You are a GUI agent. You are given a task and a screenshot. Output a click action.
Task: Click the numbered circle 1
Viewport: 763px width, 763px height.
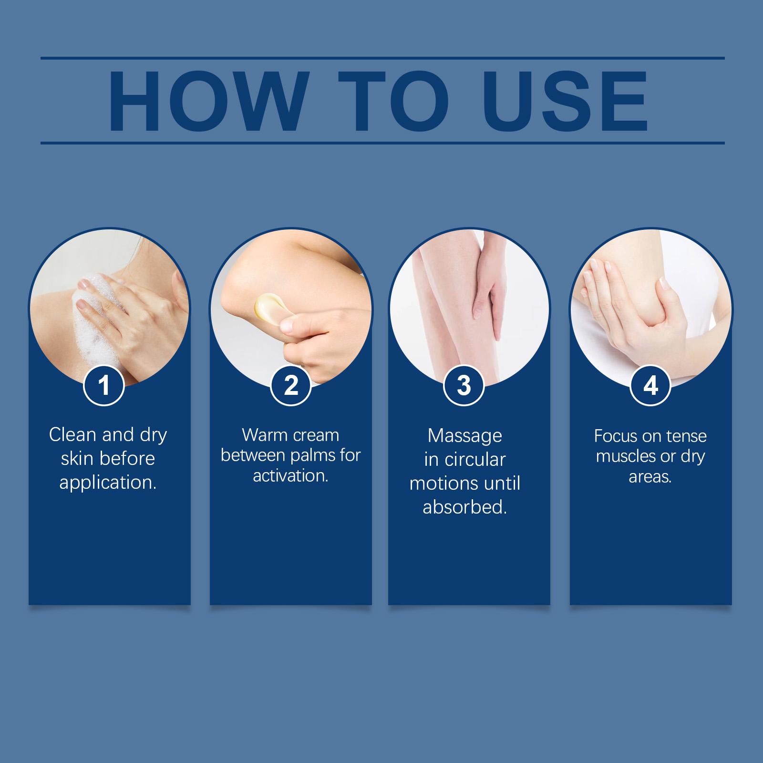[104, 385]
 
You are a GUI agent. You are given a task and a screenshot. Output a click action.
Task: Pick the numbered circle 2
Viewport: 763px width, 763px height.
[291, 385]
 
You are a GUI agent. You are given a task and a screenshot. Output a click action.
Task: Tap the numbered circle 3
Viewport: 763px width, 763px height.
[464, 385]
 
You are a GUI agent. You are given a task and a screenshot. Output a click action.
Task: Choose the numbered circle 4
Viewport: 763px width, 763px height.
[650, 385]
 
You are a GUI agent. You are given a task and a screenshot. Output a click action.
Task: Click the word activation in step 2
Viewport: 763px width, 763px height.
[291, 476]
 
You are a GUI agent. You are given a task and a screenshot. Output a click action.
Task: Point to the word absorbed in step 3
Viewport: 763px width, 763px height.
[464, 507]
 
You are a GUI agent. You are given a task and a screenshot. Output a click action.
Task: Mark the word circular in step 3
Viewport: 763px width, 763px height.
[475, 460]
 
